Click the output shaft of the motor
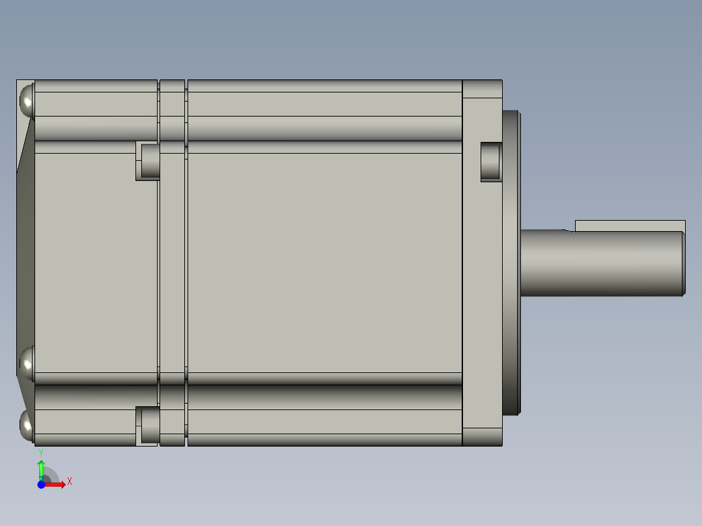pyautogui.click(x=599, y=264)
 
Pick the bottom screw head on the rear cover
pyautogui.click(x=27, y=426)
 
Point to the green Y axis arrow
pyautogui.click(x=41, y=467)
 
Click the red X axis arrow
pyautogui.click(x=56, y=484)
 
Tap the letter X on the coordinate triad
pyautogui.click(x=70, y=482)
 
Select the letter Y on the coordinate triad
pyautogui.click(x=41, y=452)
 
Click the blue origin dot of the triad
pyautogui.click(x=41, y=484)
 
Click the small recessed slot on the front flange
pyautogui.click(x=491, y=161)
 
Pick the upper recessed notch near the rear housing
pyautogui.click(x=149, y=161)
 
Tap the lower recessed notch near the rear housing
pyautogui.click(x=149, y=424)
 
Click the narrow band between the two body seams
pyautogui.click(x=173, y=260)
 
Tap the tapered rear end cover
pyautogui.click(x=25, y=260)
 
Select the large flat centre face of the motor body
pyautogui.click(x=326, y=260)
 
